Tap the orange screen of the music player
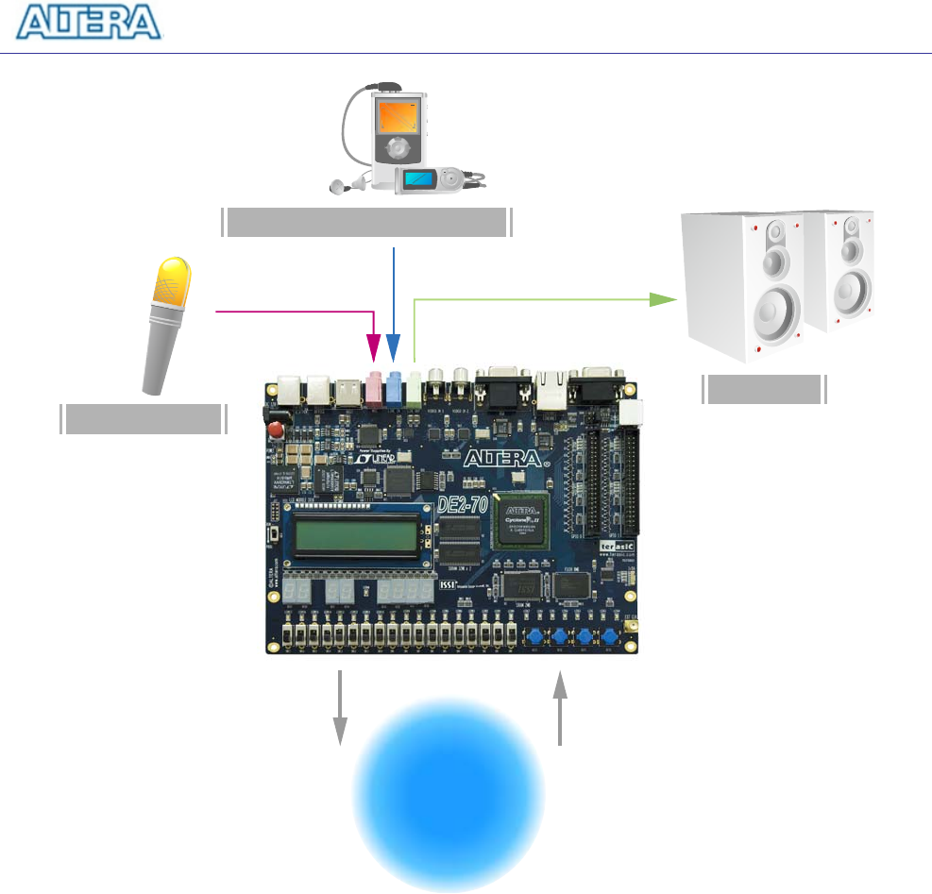(398, 116)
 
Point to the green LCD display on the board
(358, 538)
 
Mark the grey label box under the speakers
(764, 389)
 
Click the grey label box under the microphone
(144, 418)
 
